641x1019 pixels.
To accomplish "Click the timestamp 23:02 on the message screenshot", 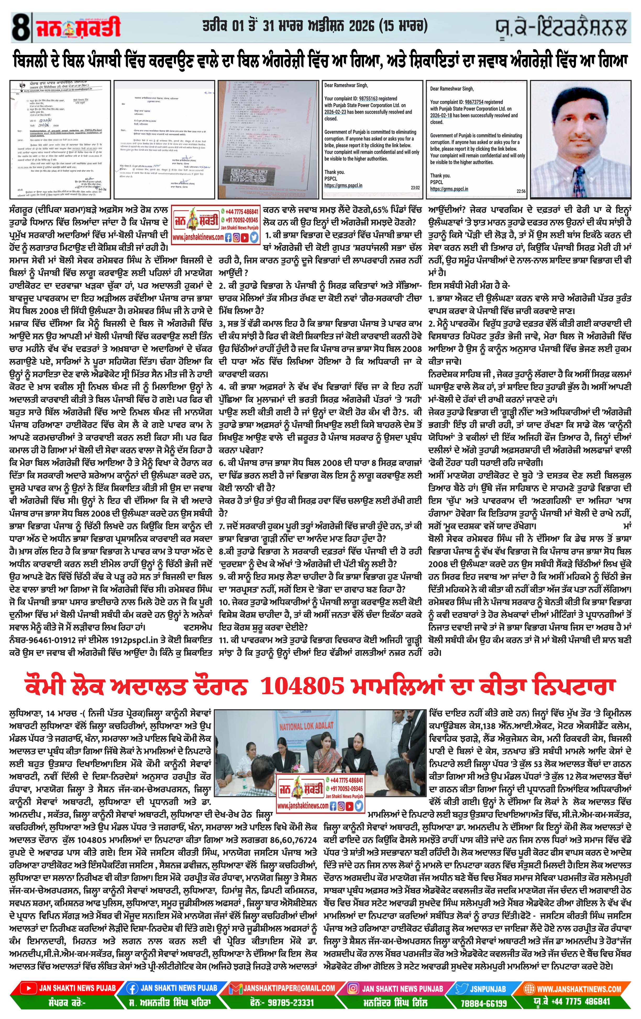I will click(x=415, y=187).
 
